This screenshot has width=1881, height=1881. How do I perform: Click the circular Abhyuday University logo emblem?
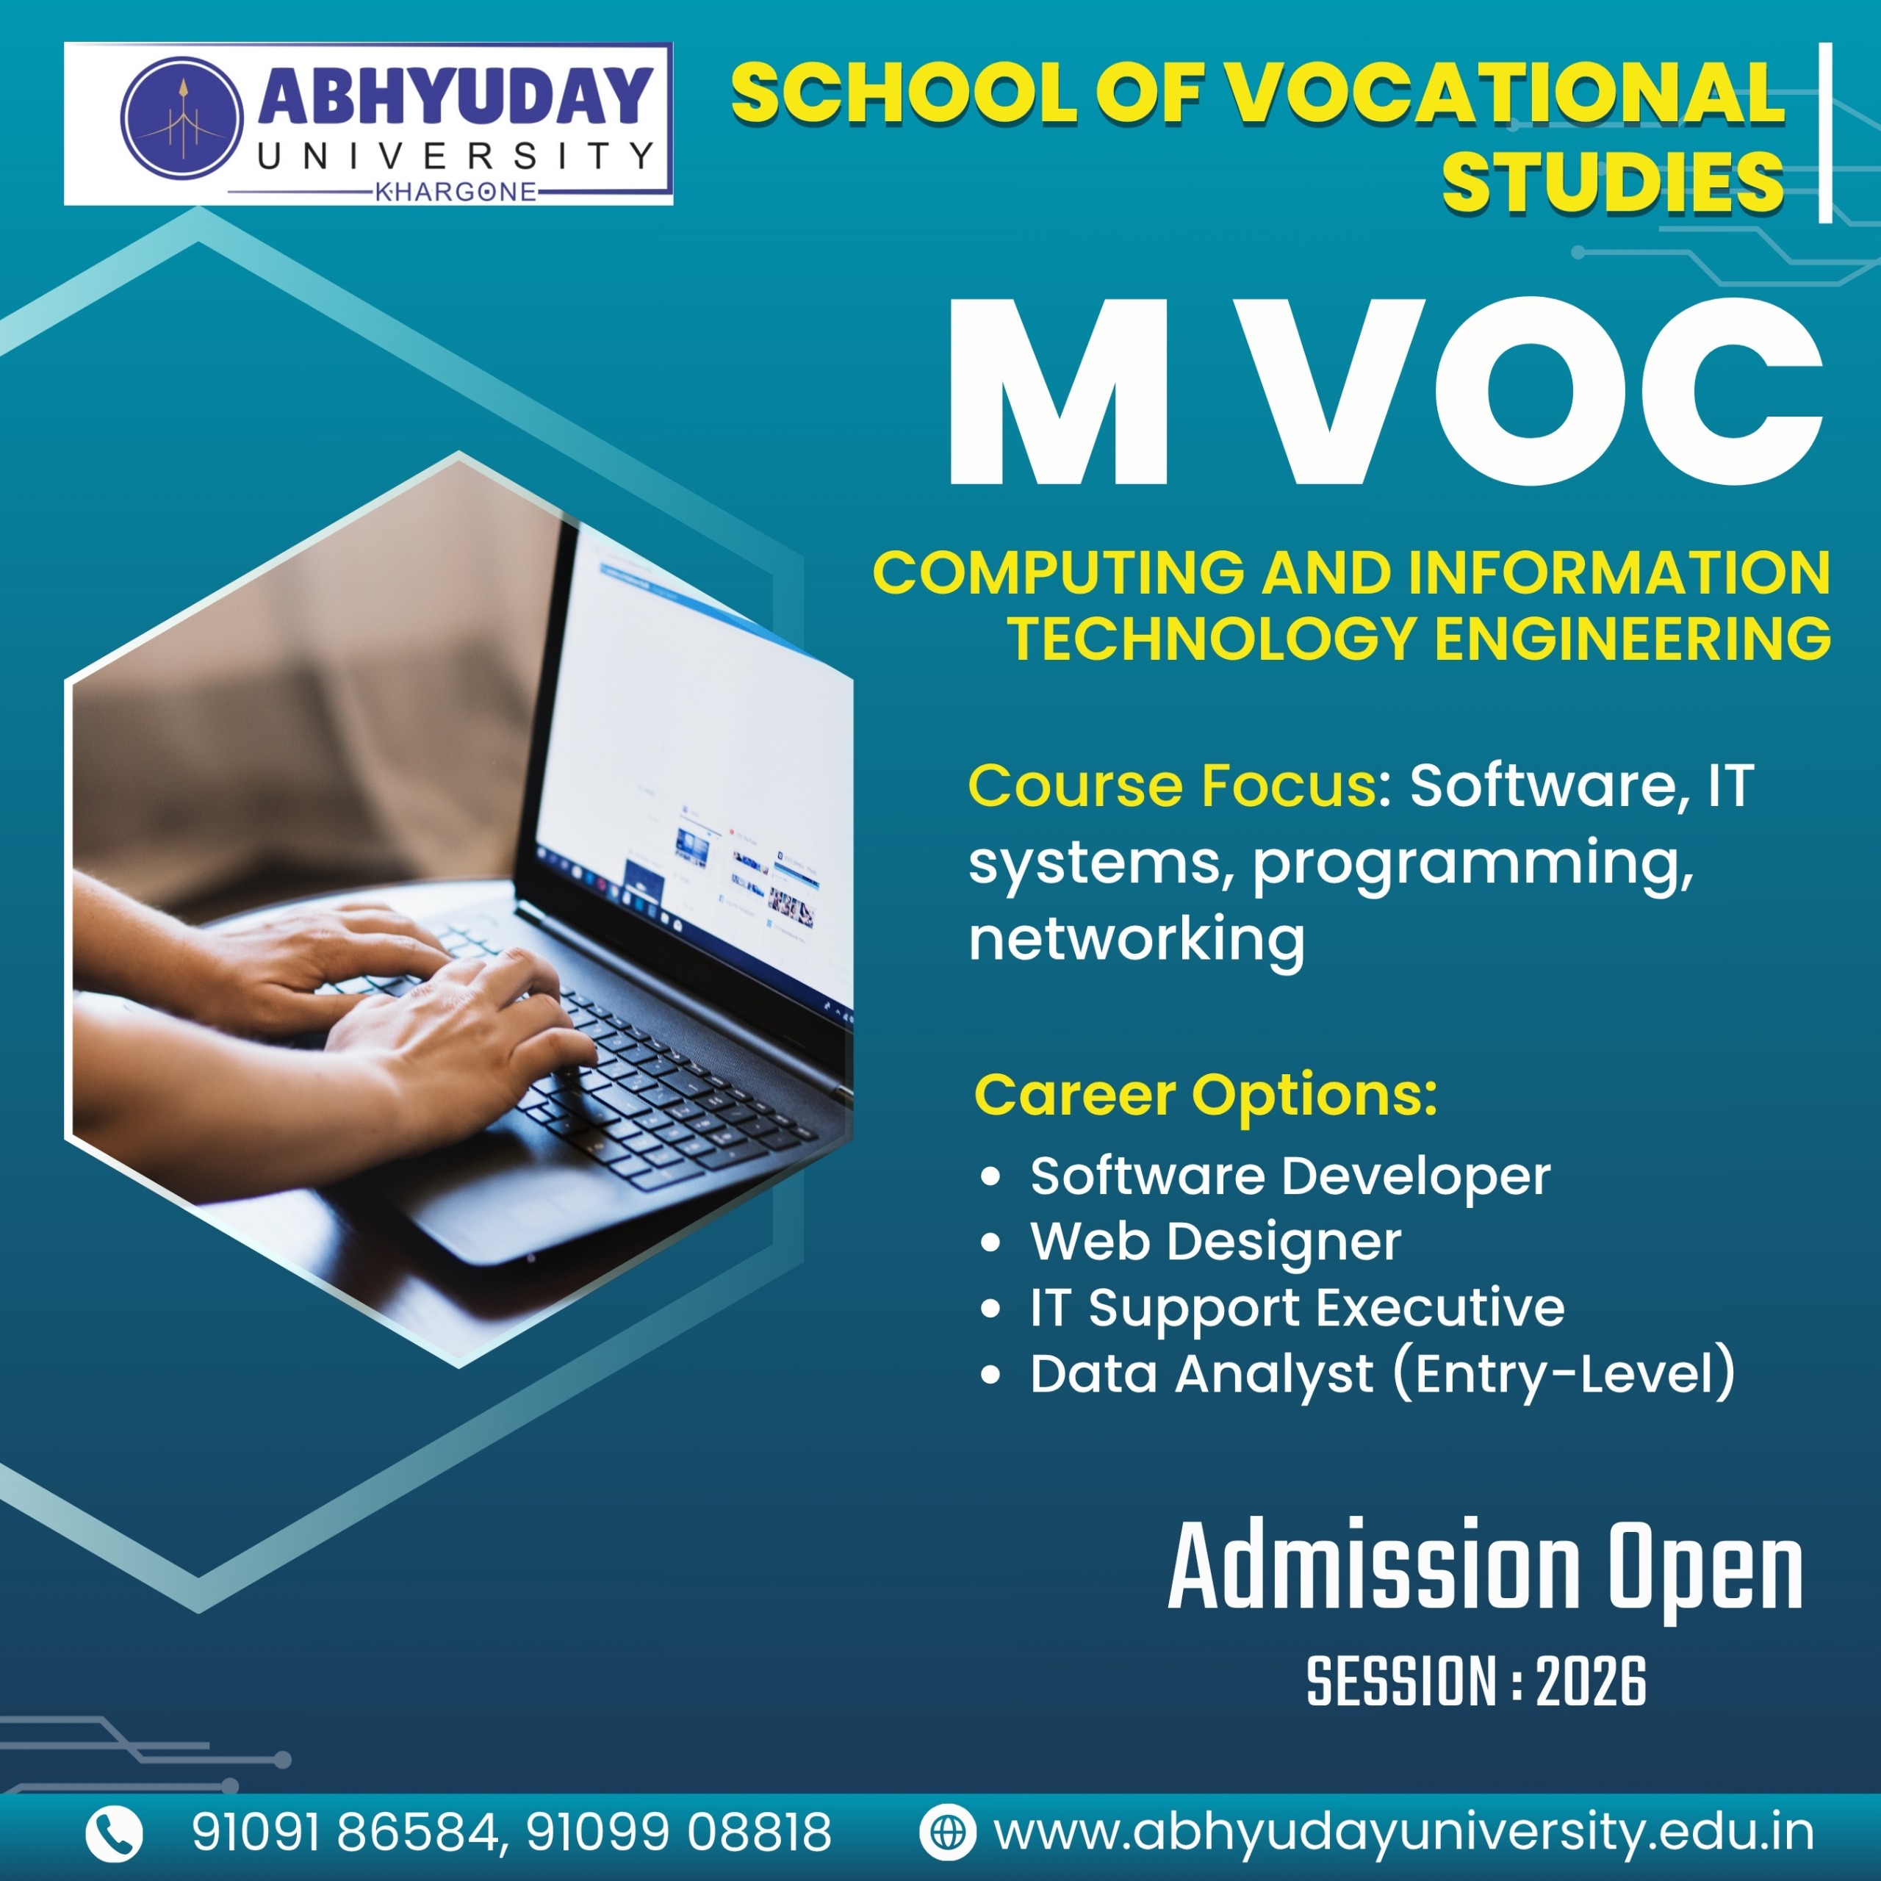182,117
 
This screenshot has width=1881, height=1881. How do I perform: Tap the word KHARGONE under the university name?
456,192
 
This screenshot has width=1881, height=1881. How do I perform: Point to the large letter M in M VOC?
1057,392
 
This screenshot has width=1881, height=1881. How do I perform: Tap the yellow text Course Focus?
1171,785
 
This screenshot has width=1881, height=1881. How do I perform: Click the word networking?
1136,940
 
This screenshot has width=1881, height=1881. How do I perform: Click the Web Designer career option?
1216,1241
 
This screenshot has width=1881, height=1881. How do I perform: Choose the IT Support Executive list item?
1298,1306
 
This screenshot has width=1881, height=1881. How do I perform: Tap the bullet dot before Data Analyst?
991,1375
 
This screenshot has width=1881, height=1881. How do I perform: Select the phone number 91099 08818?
679,1833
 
